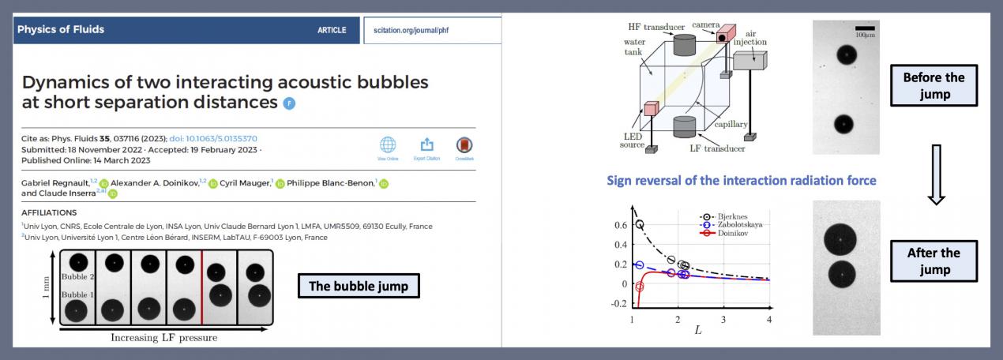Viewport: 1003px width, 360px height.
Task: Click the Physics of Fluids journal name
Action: pyautogui.click(x=61, y=29)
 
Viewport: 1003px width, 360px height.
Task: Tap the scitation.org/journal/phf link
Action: pyautogui.click(x=411, y=30)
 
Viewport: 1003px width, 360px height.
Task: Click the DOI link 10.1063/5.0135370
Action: pyautogui.click(x=213, y=139)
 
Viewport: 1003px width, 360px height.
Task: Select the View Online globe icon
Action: pyautogui.click(x=388, y=145)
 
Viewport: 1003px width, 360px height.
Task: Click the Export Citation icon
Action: pyautogui.click(x=426, y=144)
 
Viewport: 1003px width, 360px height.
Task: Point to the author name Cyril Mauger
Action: pyautogui.click(x=245, y=182)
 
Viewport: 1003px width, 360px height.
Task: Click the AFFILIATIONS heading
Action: pyautogui.click(x=49, y=212)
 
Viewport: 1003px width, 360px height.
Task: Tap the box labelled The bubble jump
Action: pyautogui.click(x=359, y=286)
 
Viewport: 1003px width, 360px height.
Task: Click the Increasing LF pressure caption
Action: pyautogui.click(x=164, y=338)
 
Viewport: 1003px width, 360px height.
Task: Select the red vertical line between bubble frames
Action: pyautogui.click(x=202, y=287)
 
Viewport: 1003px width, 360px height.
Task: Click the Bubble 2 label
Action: pyautogui.click(x=77, y=277)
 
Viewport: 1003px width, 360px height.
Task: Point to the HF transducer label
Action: pyautogui.click(x=656, y=27)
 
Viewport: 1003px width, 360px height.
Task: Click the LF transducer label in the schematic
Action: pyautogui.click(x=717, y=148)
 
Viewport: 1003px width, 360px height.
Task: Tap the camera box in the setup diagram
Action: pyautogui.click(x=725, y=34)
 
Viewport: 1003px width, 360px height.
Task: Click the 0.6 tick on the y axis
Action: pyautogui.click(x=621, y=225)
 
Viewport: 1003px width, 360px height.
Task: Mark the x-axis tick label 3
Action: pyautogui.click(x=723, y=320)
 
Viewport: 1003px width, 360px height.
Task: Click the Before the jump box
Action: pyautogui.click(x=934, y=85)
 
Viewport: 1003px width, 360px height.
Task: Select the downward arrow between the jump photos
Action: pyautogui.click(x=936, y=174)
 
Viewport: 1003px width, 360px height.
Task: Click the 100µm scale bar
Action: pyautogui.click(x=865, y=28)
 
